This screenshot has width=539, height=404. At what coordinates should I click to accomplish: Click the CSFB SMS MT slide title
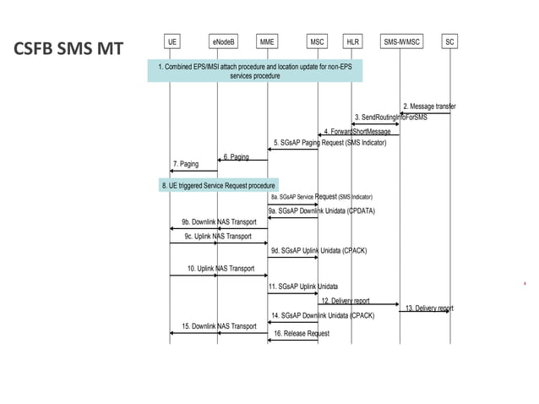point(68,49)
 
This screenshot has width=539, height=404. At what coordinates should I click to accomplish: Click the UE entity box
point(172,41)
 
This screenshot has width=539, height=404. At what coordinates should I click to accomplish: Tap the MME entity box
point(267,41)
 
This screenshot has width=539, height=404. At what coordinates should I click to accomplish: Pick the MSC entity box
point(317,41)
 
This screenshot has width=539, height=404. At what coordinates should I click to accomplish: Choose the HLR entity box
point(352,41)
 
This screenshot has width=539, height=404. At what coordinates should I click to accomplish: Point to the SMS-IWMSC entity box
point(400,41)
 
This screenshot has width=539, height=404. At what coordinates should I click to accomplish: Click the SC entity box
point(449,41)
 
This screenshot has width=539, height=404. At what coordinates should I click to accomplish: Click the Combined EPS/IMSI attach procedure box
point(254,71)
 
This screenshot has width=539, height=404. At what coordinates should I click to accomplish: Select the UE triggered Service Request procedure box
point(219,185)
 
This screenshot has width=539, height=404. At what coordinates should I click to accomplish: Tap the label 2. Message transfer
point(428,106)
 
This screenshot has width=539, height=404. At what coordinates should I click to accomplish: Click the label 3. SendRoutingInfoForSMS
point(390,117)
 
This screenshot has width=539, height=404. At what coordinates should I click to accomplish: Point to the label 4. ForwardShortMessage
point(357,132)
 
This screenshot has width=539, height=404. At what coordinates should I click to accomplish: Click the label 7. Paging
point(186,163)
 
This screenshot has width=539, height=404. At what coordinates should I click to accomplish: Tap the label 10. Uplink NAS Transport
point(220,269)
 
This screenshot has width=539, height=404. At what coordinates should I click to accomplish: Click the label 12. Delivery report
point(345,300)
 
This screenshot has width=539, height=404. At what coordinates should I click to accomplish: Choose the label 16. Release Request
point(301,334)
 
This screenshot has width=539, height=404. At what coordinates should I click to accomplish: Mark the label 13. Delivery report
point(429,308)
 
